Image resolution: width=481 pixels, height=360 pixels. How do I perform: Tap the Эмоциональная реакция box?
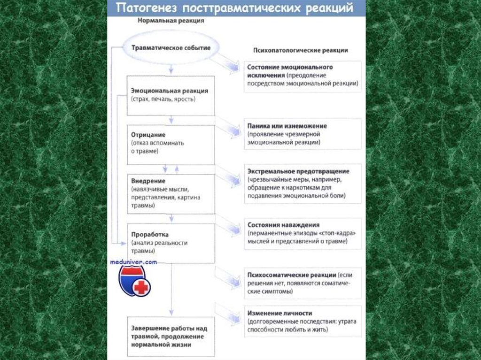171,95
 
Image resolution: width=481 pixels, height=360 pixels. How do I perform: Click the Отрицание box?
171,144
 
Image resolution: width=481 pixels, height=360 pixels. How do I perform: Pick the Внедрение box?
171,193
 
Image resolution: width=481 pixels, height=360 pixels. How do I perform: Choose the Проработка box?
171,243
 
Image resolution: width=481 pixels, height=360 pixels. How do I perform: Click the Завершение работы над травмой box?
171,336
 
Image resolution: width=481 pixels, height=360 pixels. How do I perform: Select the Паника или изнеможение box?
303,134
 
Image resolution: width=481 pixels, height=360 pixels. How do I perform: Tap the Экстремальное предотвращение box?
303,183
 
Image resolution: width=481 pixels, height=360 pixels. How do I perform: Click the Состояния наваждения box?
303,233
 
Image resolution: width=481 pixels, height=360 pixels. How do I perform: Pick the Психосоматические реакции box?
303,283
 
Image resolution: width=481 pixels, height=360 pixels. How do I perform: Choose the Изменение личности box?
303,322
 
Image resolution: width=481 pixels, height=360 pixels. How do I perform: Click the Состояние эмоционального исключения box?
303,76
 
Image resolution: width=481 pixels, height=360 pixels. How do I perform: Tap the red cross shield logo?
134,281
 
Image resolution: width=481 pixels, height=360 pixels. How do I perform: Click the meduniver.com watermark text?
133,262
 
